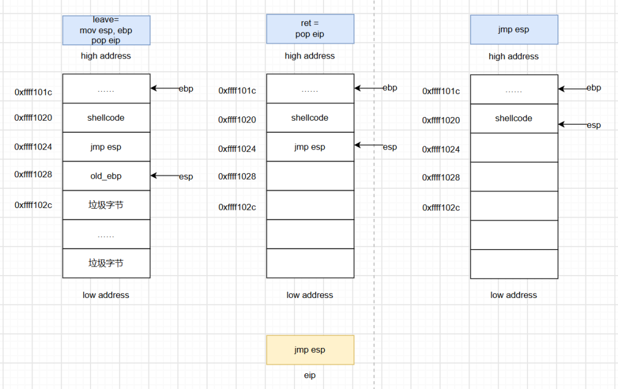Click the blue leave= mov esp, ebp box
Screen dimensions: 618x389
coord(106,30)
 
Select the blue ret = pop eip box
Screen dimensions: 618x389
coord(310,29)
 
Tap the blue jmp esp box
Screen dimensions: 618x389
coord(514,30)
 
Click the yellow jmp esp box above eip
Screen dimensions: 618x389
coord(310,350)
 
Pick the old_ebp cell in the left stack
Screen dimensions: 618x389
coord(106,176)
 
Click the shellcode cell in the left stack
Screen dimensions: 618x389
coord(106,118)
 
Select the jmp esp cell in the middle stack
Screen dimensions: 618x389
coord(310,147)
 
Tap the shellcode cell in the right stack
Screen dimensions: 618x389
coord(514,119)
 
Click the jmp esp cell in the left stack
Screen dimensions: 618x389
coord(106,147)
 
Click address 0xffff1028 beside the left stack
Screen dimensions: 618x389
coord(33,174)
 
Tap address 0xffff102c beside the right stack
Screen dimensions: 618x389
coord(441,207)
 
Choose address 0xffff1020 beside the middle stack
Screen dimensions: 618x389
coord(237,119)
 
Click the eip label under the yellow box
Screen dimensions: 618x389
coord(310,375)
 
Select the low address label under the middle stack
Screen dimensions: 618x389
coord(310,295)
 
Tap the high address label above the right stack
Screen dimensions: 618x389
coord(514,56)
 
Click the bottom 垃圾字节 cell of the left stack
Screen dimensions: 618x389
coord(106,264)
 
